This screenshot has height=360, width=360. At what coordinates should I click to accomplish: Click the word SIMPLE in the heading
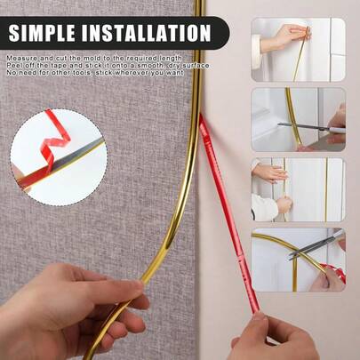(42, 33)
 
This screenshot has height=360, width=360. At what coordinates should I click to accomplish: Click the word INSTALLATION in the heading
(146, 33)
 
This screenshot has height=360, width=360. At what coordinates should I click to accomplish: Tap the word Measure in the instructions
(21, 58)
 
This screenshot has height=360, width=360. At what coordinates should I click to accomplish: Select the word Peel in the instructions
(13, 65)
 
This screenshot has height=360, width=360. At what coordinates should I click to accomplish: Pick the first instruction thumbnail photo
(298, 50)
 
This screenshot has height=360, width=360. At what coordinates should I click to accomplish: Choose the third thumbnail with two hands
(298, 189)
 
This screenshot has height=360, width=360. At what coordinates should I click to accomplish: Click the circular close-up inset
(59, 157)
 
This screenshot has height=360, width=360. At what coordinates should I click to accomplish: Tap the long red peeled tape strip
(228, 213)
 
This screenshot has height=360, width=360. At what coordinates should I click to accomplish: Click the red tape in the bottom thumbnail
(335, 271)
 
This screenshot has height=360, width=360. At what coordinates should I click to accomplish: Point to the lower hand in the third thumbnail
(284, 205)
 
